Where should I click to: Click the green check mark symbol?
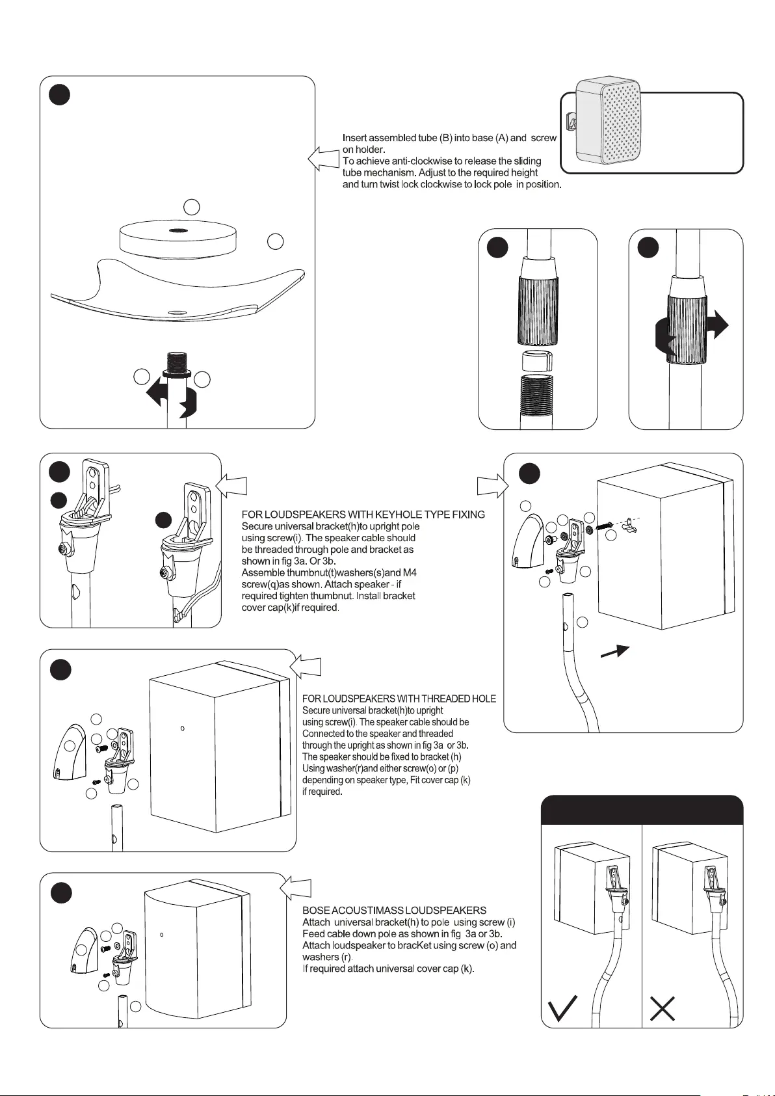pyautogui.click(x=562, y=1008)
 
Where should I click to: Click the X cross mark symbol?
pyautogui.click(x=663, y=1008)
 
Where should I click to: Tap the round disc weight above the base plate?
pyautogui.click(x=177, y=239)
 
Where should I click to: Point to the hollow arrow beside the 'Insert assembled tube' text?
pyautogui.click(x=322, y=159)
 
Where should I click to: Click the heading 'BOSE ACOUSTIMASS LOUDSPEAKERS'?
pyautogui.click(x=394, y=910)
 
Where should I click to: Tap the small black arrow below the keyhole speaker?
pyautogui.click(x=614, y=652)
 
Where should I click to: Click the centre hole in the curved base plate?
pyautogui.click(x=174, y=312)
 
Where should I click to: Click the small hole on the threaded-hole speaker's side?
pyautogui.click(x=183, y=728)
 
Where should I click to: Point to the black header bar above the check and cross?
pyautogui.click(x=642, y=810)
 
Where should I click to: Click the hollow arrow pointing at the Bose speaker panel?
pyautogui.click(x=296, y=888)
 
